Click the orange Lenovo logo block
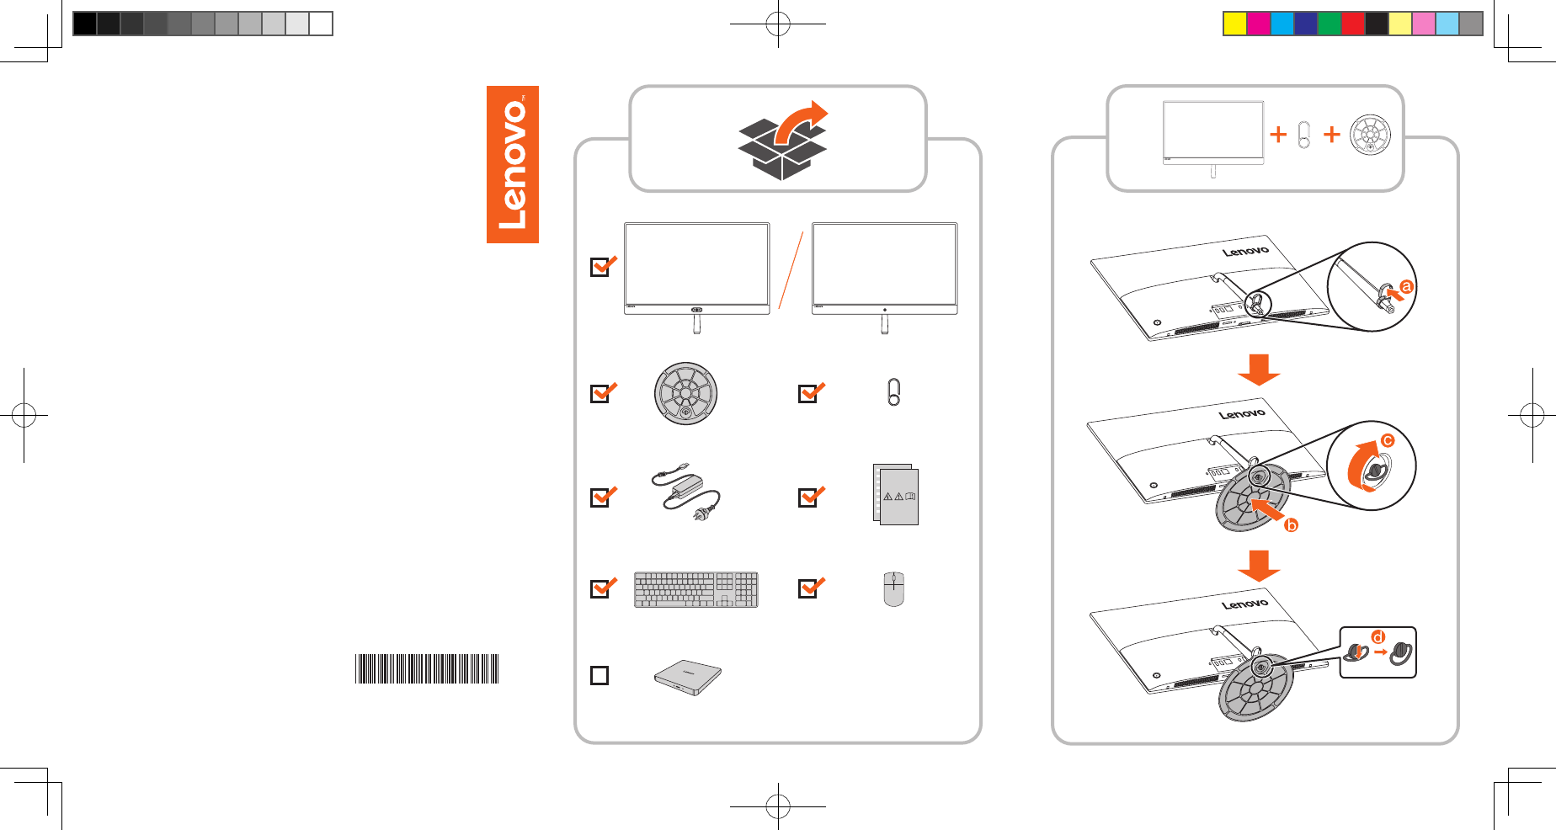coord(512,164)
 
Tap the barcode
coord(427,668)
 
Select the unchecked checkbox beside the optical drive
coord(599,675)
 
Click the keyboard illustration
coord(696,589)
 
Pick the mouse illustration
coord(893,588)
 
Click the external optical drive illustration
coord(688,677)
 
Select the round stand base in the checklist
coord(685,393)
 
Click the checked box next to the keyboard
coord(600,588)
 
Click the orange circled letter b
coord(1291,525)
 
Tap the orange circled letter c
coord(1388,440)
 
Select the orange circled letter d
coord(1377,636)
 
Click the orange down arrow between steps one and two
coord(1259,369)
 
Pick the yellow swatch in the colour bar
coord(1234,24)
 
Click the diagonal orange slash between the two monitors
coord(791,269)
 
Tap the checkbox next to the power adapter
coord(600,497)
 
